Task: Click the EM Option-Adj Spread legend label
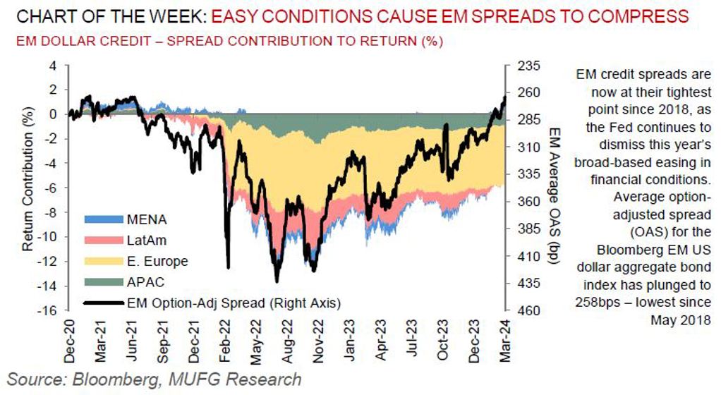click(234, 303)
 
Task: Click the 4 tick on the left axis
click(53, 66)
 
